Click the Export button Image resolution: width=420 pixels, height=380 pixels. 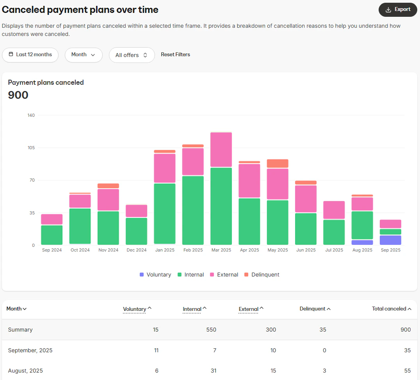(398, 10)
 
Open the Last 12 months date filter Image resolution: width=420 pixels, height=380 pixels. (30, 55)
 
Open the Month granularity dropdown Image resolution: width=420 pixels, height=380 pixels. (84, 55)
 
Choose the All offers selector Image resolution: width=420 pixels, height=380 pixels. (132, 55)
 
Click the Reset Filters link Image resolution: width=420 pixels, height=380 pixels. (175, 55)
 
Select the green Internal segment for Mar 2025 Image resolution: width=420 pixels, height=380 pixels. (221, 206)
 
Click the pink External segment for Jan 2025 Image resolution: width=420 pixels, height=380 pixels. (164, 168)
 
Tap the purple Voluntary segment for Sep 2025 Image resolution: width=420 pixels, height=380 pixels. (390, 240)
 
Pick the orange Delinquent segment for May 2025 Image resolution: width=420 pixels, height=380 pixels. (278, 164)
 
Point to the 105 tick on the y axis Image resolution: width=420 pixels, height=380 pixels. (31, 148)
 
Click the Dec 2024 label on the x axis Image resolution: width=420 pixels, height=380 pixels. (136, 250)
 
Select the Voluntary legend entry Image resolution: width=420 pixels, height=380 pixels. (155, 275)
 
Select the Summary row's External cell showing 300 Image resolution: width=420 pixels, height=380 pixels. (271, 330)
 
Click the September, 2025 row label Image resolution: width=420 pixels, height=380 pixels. (30, 350)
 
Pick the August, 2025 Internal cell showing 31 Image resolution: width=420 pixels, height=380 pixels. (213, 371)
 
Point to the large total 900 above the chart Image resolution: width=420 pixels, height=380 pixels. (18, 95)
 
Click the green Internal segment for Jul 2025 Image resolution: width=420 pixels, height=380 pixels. (334, 232)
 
